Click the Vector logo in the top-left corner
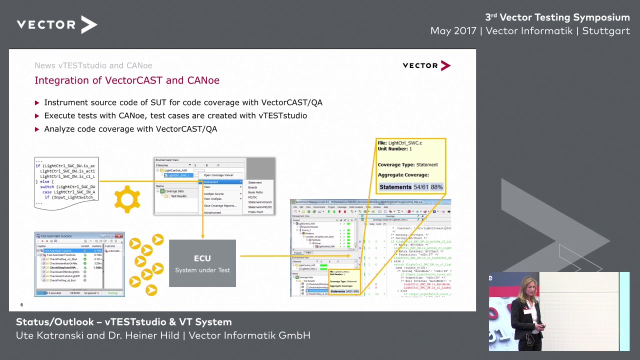[x=56, y=24]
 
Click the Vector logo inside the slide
[x=426, y=65]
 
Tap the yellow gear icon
[x=127, y=198]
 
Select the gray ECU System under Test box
[x=202, y=263]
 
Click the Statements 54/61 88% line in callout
[x=410, y=187]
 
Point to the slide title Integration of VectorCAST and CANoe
[x=127, y=80]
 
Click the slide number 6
[x=21, y=304]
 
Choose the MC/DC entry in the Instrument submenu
[x=252, y=197]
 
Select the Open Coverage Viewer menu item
[x=218, y=175]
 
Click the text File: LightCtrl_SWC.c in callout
[x=400, y=143]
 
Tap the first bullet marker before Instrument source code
[x=37, y=102]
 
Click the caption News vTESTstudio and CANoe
[x=93, y=65]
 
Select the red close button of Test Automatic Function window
[x=120, y=235]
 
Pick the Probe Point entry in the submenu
[x=255, y=212]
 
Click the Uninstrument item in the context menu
[x=212, y=212]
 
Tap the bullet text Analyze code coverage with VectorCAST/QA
[x=130, y=129]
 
